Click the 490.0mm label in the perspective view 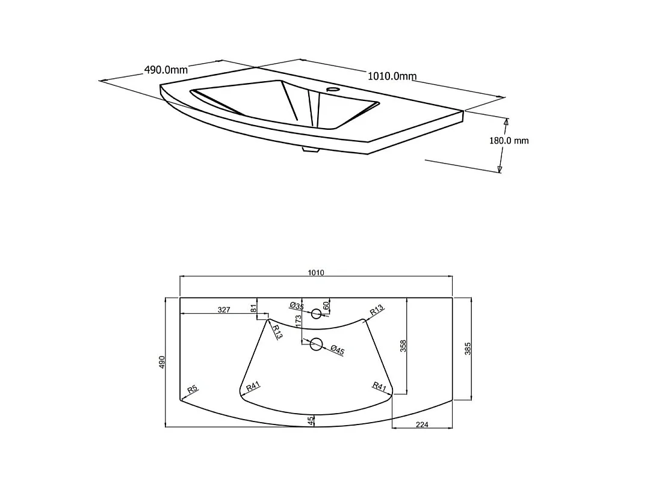[166, 70]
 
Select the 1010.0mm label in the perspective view [392, 76]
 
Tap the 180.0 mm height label [509, 141]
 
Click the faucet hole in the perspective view [332, 89]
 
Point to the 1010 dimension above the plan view [316, 273]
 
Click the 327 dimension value [224, 310]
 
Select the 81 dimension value [254, 308]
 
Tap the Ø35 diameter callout [297, 306]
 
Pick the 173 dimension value [298, 322]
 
